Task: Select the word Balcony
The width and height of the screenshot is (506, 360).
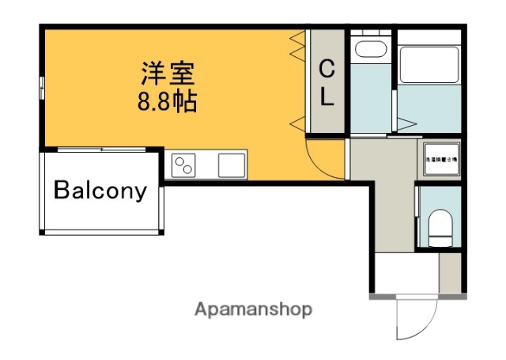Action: pos(100,191)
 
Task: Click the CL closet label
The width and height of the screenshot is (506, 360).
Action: pos(327,84)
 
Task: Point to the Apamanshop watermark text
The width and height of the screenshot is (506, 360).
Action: pos(254,309)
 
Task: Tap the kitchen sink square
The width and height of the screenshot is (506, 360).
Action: pos(232,165)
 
